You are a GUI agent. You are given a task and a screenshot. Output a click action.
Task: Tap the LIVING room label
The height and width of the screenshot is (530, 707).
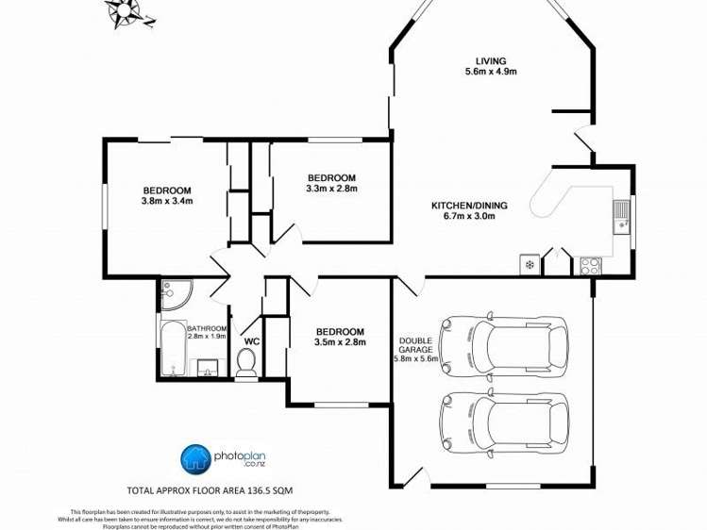tap(490, 60)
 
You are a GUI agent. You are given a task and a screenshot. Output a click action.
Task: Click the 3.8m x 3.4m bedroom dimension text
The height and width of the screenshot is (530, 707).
tap(167, 200)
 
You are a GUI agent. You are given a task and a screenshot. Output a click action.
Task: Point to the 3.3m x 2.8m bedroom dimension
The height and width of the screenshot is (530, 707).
tap(331, 189)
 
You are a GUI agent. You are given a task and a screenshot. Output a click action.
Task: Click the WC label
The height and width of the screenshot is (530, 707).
tap(252, 341)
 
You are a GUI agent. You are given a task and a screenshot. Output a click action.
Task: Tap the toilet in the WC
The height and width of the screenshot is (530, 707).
tap(246, 364)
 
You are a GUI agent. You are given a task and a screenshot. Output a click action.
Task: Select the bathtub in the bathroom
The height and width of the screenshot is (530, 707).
tap(172, 349)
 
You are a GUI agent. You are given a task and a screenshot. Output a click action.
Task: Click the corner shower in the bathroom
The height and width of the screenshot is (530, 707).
tap(173, 294)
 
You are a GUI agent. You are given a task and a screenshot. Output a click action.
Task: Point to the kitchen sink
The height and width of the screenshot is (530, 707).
tap(621, 216)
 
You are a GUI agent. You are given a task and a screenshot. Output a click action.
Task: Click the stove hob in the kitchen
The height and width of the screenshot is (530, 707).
tap(590, 265)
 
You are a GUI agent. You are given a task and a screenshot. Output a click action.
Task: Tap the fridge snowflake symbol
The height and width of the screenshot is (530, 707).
tap(530, 265)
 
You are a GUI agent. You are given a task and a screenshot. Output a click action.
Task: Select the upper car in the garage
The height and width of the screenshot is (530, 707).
tap(504, 341)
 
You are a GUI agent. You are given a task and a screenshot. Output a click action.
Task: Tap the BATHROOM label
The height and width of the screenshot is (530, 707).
tap(206, 328)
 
